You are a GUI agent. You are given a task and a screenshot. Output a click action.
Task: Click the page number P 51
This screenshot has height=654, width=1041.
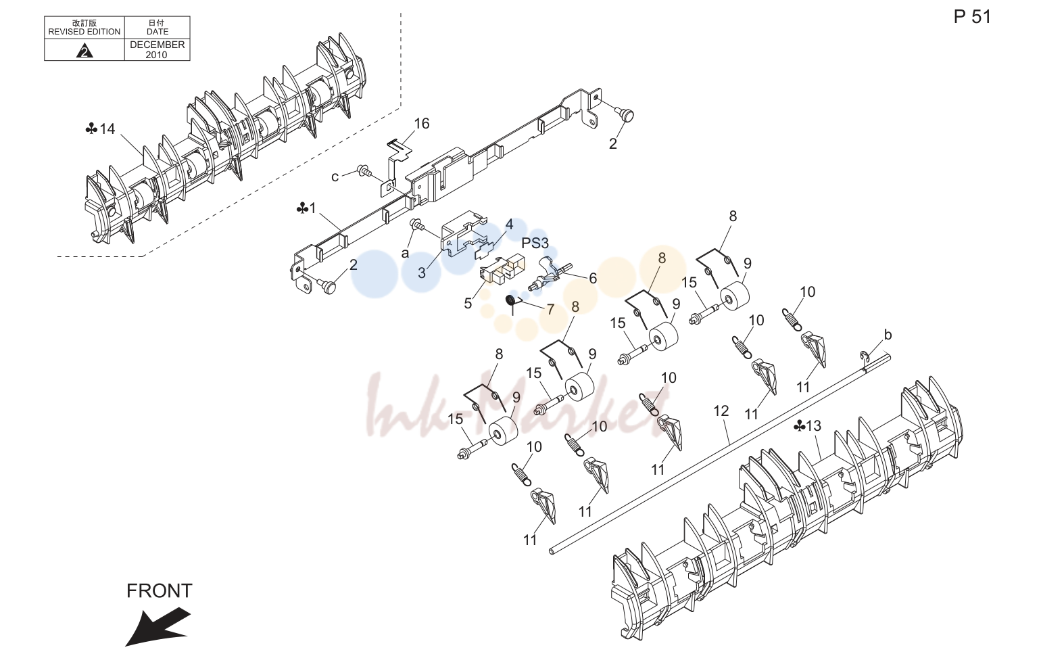tap(972, 17)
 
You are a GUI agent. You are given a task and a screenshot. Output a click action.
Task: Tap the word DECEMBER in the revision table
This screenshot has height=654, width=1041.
tap(157, 45)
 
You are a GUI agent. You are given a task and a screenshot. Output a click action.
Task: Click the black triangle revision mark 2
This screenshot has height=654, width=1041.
tap(84, 51)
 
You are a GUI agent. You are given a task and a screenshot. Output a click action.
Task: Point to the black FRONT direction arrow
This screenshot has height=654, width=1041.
tap(158, 626)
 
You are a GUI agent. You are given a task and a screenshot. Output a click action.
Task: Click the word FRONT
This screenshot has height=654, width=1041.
tap(159, 591)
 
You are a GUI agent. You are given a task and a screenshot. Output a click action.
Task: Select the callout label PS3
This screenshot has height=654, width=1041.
tap(535, 243)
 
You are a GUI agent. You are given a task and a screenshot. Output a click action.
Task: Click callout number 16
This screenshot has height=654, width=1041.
tap(422, 124)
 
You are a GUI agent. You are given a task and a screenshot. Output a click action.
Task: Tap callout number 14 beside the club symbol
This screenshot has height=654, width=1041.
tap(107, 129)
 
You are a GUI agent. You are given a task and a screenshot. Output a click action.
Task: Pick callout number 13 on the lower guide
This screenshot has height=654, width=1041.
tap(813, 426)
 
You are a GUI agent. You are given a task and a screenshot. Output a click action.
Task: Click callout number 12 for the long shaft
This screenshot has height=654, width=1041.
tap(721, 411)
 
